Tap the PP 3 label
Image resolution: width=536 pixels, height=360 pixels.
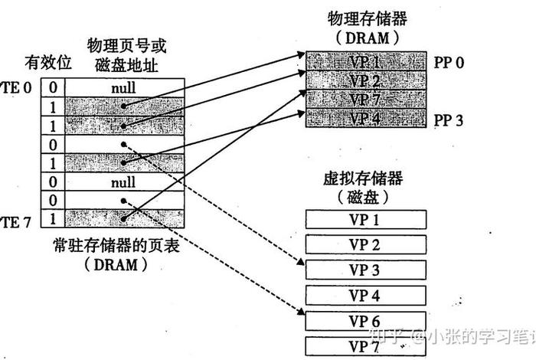click(x=449, y=119)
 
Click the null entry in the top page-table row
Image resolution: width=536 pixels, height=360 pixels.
click(x=123, y=88)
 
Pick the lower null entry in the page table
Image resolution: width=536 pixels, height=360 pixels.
click(x=123, y=182)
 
